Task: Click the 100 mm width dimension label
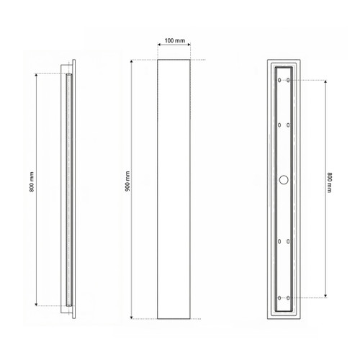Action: point(175,40)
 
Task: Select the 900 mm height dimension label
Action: point(127,181)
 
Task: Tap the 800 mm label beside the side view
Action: point(32,182)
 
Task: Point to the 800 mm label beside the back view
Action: point(329,182)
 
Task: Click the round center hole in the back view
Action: point(284,180)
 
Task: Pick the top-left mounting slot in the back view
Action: point(279,80)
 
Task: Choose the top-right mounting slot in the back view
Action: point(288,80)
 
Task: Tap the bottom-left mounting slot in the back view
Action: point(279,298)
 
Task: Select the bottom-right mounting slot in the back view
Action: point(288,298)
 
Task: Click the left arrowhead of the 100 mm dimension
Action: point(159,44)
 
